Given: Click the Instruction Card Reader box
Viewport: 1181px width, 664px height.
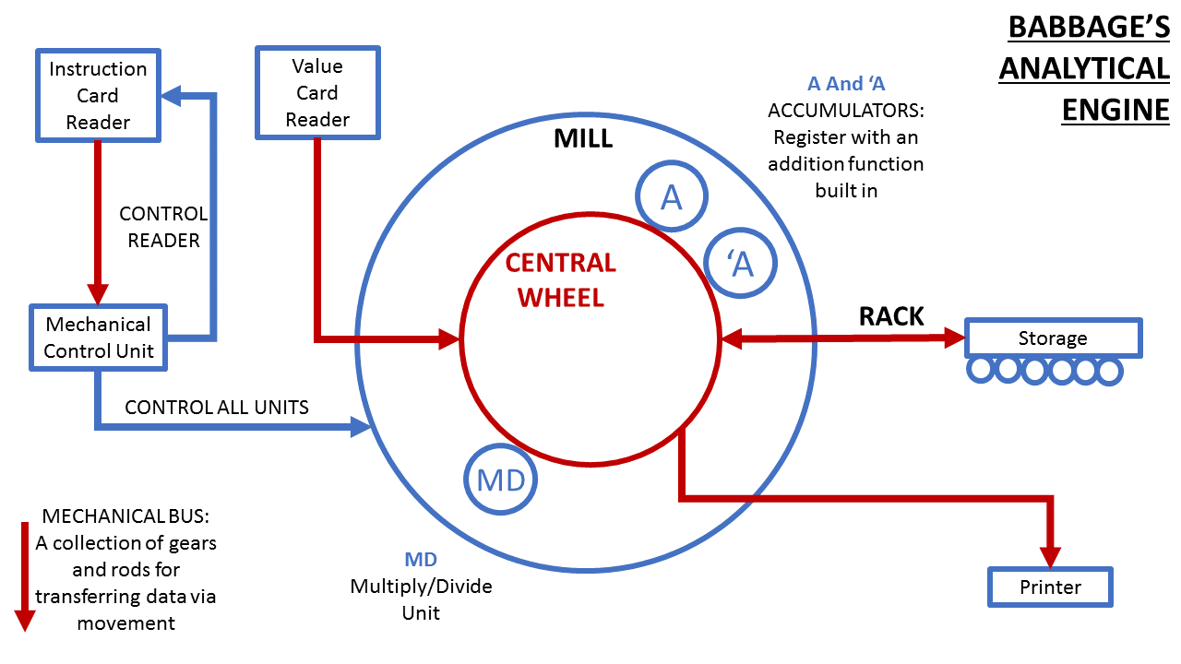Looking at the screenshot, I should coord(98,96).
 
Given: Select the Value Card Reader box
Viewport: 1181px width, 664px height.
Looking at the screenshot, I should coord(317,93).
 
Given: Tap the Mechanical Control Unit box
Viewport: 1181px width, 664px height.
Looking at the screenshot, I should coord(98,338).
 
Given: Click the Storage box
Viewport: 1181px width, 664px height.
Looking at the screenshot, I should coord(1053,338).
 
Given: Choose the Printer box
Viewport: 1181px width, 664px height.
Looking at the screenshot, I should coord(1050,587).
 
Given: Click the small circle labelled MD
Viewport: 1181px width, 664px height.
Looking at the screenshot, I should coord(500,480).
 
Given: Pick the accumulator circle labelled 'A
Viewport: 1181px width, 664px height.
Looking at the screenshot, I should coord(741,264).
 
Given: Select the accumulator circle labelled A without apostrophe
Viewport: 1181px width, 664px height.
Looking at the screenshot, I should coord(672,197).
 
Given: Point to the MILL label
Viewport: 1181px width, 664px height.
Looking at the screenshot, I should coord(583,139).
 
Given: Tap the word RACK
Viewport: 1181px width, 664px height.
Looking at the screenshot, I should coord(891,316).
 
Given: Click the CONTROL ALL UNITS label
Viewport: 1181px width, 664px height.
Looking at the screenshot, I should coord(217,407).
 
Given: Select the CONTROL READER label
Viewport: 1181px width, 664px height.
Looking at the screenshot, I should coord(163,227).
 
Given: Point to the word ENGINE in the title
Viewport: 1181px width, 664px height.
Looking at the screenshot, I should coord(1115,109).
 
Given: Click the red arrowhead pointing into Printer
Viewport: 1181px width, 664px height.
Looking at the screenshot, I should coord(1051,555).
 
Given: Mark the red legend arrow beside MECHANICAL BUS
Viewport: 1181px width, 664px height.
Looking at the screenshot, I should coord(25,576).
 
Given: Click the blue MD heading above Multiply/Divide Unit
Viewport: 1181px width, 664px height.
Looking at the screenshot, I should coord(421,560).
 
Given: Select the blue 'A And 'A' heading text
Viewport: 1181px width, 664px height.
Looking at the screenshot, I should coord(846,84).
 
